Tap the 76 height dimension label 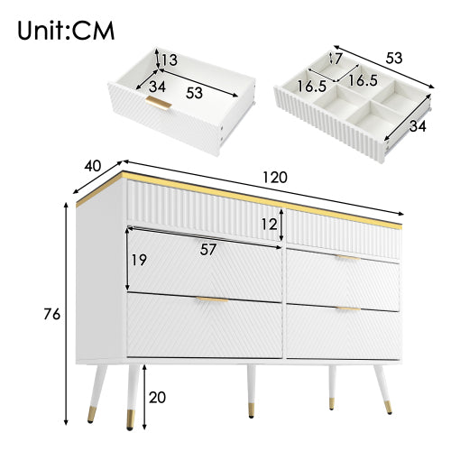(x=51, y=314)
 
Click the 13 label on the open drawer (x=169, y=61)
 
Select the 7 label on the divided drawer (x=336, y=60)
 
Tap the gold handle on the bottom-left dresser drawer (x=211, y=299)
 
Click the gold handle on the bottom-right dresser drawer (x=348, y=309)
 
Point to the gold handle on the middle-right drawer (x=348, y=258)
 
